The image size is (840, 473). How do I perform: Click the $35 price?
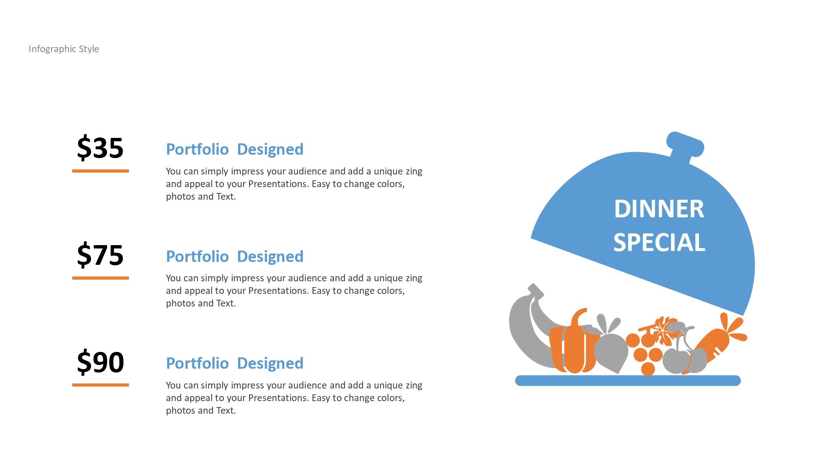(100, 148)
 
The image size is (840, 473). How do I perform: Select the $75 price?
(100, 255)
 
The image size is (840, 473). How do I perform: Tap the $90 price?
(100, 362)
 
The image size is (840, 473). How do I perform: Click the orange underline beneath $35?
(100, 171)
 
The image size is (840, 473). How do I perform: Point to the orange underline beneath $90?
(100, 385)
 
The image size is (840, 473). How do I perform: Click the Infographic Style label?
(64, 49)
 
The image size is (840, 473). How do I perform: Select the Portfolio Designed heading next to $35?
(235, 149)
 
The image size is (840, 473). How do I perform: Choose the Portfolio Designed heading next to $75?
(235, 256)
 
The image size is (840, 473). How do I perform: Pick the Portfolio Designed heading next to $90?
(235, 363)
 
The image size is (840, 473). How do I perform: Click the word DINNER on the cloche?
(659, 209)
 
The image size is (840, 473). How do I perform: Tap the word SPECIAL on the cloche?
(659, 243)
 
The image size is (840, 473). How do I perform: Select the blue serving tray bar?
(628, 381)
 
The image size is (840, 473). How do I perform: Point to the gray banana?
(525, 332)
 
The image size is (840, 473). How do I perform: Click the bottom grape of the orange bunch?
(648, 369)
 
